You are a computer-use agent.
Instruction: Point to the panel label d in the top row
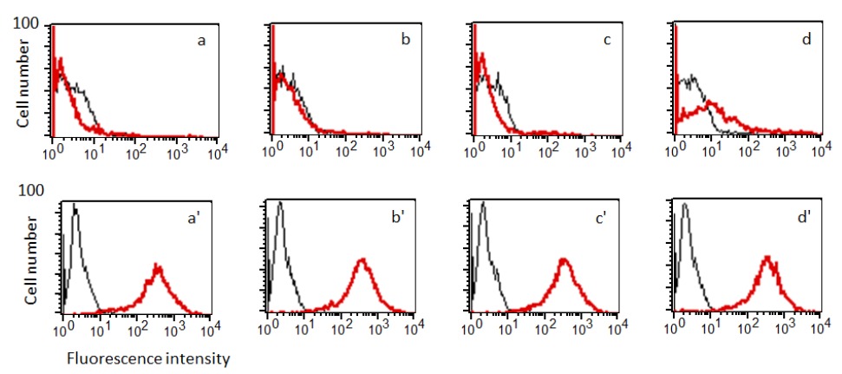click(x=808, y=40)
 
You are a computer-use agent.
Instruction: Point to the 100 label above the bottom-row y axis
click(x=30, y=188)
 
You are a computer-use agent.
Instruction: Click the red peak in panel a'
click(x=158, y=267)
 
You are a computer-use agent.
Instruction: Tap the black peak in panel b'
click(x=278, y=205)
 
